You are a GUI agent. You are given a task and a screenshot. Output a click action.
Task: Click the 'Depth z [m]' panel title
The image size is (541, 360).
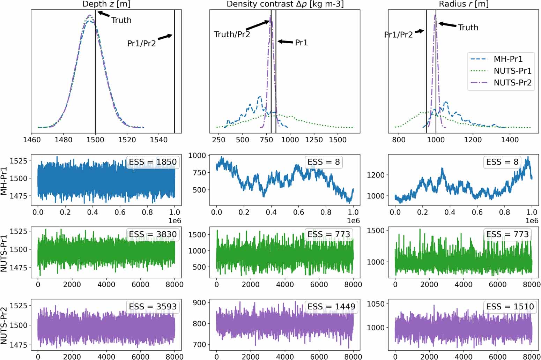coord(106,4)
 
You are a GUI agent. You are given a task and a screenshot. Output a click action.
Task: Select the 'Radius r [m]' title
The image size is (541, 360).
coord(464,4)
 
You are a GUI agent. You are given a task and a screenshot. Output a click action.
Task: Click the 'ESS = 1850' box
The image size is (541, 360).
coord(153,162)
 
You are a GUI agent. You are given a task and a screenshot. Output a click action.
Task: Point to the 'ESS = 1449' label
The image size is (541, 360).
coord(331,307)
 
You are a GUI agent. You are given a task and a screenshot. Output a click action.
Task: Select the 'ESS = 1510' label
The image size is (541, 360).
coord(510,307)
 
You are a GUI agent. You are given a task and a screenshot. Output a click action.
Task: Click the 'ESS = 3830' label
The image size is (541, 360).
coord(153,234)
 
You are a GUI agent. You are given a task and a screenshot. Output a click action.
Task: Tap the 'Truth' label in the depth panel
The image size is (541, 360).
coord(121,20)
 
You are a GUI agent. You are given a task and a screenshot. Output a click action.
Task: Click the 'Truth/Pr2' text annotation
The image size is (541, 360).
coord(232,34)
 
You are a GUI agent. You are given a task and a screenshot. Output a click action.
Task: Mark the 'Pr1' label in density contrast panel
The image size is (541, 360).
coord(301,43)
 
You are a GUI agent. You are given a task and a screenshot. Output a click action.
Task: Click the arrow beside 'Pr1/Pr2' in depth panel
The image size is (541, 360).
coord(165,37)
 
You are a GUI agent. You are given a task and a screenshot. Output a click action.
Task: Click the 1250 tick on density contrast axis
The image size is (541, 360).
coord(314,140)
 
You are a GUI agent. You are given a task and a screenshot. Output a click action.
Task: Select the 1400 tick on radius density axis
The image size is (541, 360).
coord(510,140)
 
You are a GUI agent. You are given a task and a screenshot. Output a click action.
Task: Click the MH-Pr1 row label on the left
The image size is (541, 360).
coord(4,179)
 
